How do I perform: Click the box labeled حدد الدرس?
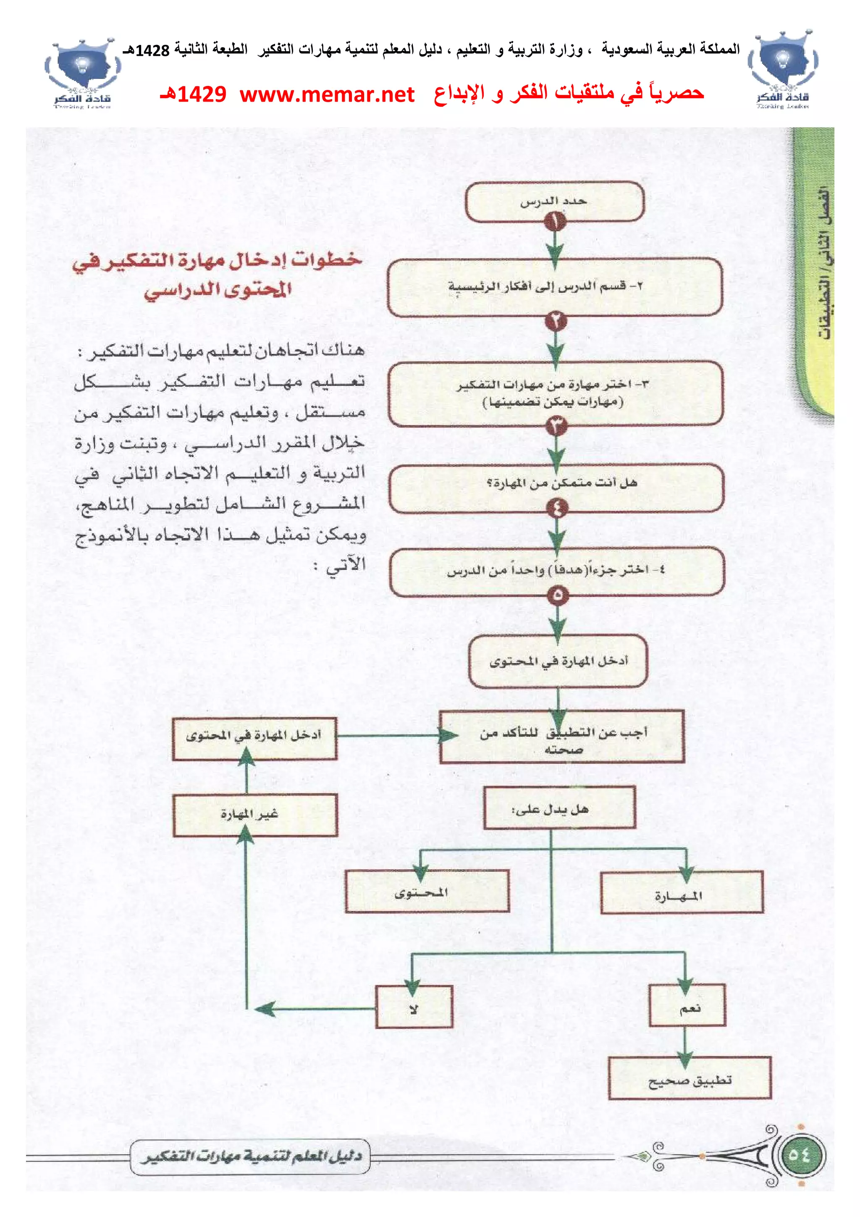554,202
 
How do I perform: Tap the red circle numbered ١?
555,222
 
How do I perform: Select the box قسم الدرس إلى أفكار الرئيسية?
555,287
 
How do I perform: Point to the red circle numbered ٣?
556,425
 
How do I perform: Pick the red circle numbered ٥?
557,595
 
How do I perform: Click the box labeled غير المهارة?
255,815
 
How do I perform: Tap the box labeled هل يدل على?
560,808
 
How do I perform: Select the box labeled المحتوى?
427,892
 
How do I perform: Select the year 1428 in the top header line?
152,50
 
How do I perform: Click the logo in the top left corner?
83,73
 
